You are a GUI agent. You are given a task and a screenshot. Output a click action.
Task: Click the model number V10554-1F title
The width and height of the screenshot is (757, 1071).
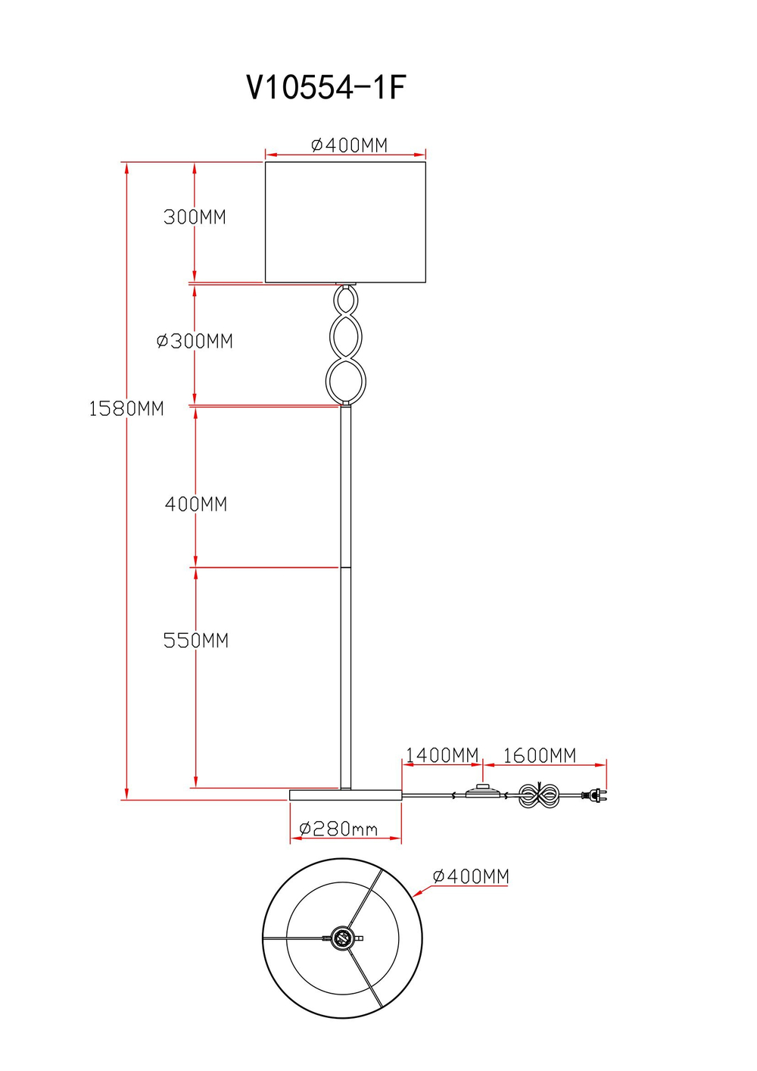[x=326, y=88]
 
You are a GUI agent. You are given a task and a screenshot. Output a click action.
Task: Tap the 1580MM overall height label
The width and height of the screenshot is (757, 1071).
[x=126, y=409]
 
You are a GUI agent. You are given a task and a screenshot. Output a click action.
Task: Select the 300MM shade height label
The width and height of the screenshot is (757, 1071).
[x=195, y=217]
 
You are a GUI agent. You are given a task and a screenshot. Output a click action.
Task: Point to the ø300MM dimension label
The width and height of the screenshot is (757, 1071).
[x=195, y=342]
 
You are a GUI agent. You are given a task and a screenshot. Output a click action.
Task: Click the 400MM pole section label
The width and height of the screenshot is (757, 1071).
[x=196, y=504]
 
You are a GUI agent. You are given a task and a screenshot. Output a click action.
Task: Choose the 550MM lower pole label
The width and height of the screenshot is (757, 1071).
[x=196, y=641]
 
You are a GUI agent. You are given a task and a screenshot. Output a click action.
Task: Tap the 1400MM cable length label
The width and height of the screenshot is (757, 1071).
[x=442, y=755]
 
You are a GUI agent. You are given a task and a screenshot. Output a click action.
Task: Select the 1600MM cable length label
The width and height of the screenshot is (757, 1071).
[x=540, y=755]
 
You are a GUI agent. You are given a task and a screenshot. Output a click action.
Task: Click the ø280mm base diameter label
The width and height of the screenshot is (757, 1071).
[x=338, y=829]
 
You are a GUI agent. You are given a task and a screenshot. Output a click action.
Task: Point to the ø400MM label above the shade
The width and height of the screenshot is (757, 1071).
[x=349, y=145]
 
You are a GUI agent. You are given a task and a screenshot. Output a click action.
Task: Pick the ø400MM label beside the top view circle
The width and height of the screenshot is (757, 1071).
[x=471, y=876]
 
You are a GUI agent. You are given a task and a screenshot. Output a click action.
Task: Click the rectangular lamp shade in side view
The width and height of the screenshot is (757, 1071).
[x=345, y=222]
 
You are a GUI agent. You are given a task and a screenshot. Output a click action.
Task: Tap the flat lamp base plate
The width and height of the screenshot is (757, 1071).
[x=345, y=795]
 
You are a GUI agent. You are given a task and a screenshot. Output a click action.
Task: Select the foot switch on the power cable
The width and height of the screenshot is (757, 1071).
[x=481, y=793]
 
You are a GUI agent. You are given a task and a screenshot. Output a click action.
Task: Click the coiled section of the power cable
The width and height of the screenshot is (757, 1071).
[x=538, y=796]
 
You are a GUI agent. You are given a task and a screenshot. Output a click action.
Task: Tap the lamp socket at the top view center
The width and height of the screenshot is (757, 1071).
[x=342, y=938]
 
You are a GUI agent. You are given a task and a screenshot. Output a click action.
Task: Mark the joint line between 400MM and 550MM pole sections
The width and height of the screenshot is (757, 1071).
[x=345, y=567]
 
